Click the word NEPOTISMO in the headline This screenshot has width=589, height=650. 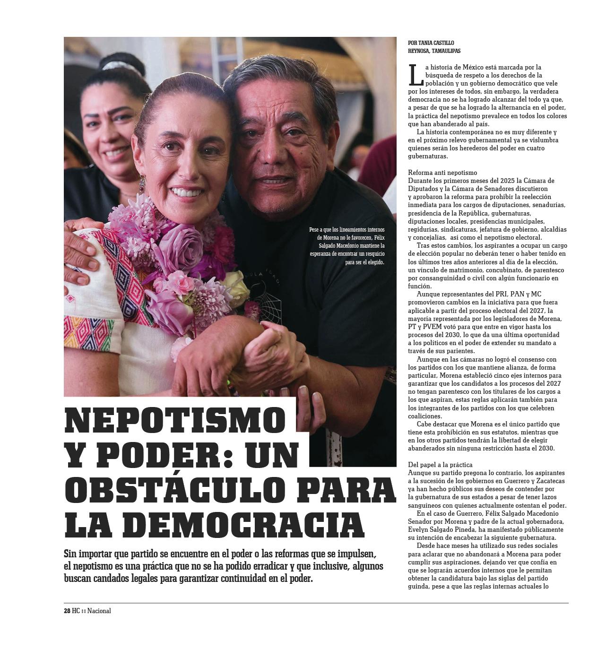[175, 420]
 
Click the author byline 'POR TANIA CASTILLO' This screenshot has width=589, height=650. [431, 43]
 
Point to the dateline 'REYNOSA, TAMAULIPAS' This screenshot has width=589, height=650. [434, 51]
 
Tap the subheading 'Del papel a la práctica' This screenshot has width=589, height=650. [440, 465]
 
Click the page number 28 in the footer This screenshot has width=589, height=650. [67, 611]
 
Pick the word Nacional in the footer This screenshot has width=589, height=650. [99, 611]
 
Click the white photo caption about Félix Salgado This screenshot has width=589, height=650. [347, 246]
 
